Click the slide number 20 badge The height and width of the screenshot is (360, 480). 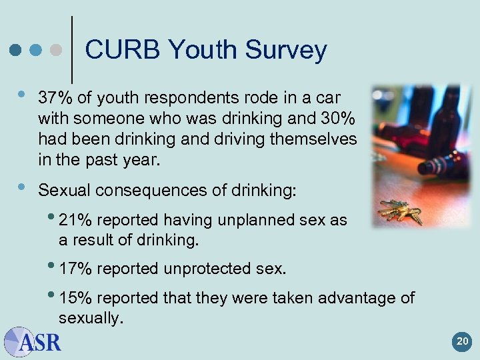pos(462,343)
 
